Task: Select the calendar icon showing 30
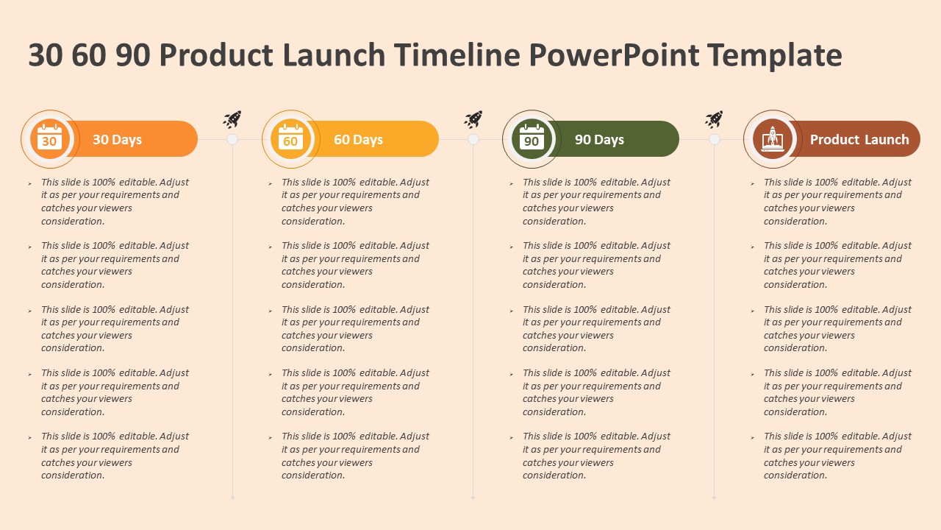click(x=49, y=138)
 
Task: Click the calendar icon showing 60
click(x=290, y=138)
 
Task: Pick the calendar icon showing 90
click(x=532, y=138)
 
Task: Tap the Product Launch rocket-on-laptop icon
click(x=772, y=138)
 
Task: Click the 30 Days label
click(x=117, y=140)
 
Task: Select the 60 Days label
click(x=358, y=140)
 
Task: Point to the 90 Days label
click(x=599, y=140)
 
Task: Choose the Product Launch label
click(x=859, y=140)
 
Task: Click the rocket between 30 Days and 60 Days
click(x=232, y=119)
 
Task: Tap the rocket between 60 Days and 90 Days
click(x=473, y=119)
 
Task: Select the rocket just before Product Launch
click(x=714, y=119)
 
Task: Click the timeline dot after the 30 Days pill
click(x=232, y=139)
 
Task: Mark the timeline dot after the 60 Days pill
click(x=473, y=139)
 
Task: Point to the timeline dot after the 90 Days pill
click(x=715, y=139)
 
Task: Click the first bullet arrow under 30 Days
click(x=30, y=183)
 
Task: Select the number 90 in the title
click(x=133, y=56)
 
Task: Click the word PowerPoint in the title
click(x=612, y=56)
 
